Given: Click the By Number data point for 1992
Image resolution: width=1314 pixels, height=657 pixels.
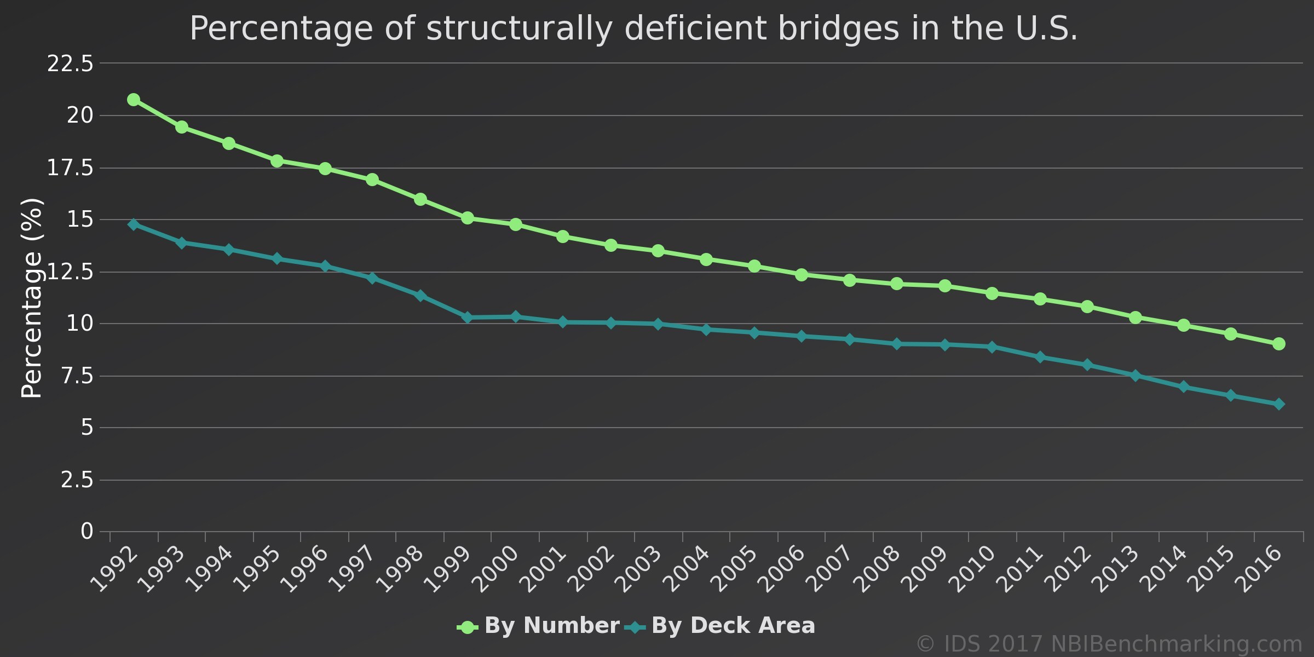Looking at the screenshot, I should coord(134,100).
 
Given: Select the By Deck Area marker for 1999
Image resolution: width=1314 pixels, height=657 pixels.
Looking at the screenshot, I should coord(468,318).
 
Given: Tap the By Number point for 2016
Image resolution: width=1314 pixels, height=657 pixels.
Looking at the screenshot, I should coord(1278,344).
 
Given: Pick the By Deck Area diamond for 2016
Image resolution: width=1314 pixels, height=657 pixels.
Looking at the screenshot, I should coord(1278,404).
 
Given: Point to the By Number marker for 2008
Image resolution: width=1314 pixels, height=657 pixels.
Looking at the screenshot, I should coord(897,284).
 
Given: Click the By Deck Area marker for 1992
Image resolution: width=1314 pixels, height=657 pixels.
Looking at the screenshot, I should coord(134,224).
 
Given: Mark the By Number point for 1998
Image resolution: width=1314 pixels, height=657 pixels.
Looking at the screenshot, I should coord(420,199).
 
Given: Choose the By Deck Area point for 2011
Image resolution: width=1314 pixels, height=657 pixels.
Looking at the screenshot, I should coord(1040,357).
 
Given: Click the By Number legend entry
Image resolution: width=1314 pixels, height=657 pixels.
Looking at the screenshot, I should coord(539,626).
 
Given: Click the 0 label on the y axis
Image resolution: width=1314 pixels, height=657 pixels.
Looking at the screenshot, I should coord(87,531).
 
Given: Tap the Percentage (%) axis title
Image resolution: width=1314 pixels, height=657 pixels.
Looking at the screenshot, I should coord(31,298).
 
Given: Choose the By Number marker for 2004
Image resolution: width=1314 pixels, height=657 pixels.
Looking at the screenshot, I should coord(706,259).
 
